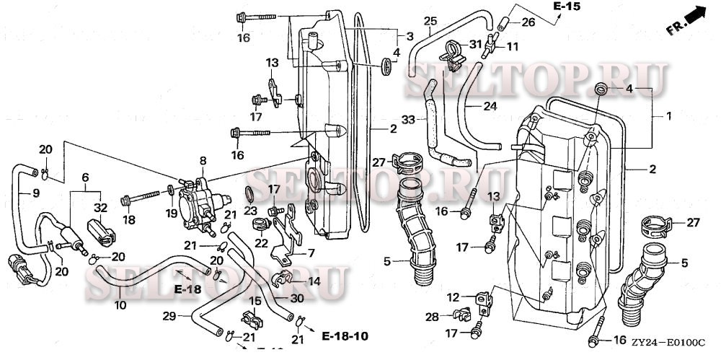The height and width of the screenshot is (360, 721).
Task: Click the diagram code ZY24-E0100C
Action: pyautogui.click(x=665, y=345)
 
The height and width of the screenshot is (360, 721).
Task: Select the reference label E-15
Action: pyautogui.click(x=567, y=6)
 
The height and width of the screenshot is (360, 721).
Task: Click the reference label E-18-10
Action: pyautogui.click(x=345, y=337)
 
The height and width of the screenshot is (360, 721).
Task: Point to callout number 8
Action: pyautogui.click(x=203, y=160)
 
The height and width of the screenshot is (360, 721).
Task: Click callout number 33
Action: pyautogui.click(x=407, y=119)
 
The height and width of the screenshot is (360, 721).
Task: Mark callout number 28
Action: pyautogui.click(x=431, y=317)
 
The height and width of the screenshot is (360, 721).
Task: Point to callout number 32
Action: pyautogui.click(x=101, y=206)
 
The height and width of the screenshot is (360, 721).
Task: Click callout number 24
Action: pyautogui.click(x=490, y=105)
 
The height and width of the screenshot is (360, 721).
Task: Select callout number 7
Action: pyautogui.click(x=311, y=253)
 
